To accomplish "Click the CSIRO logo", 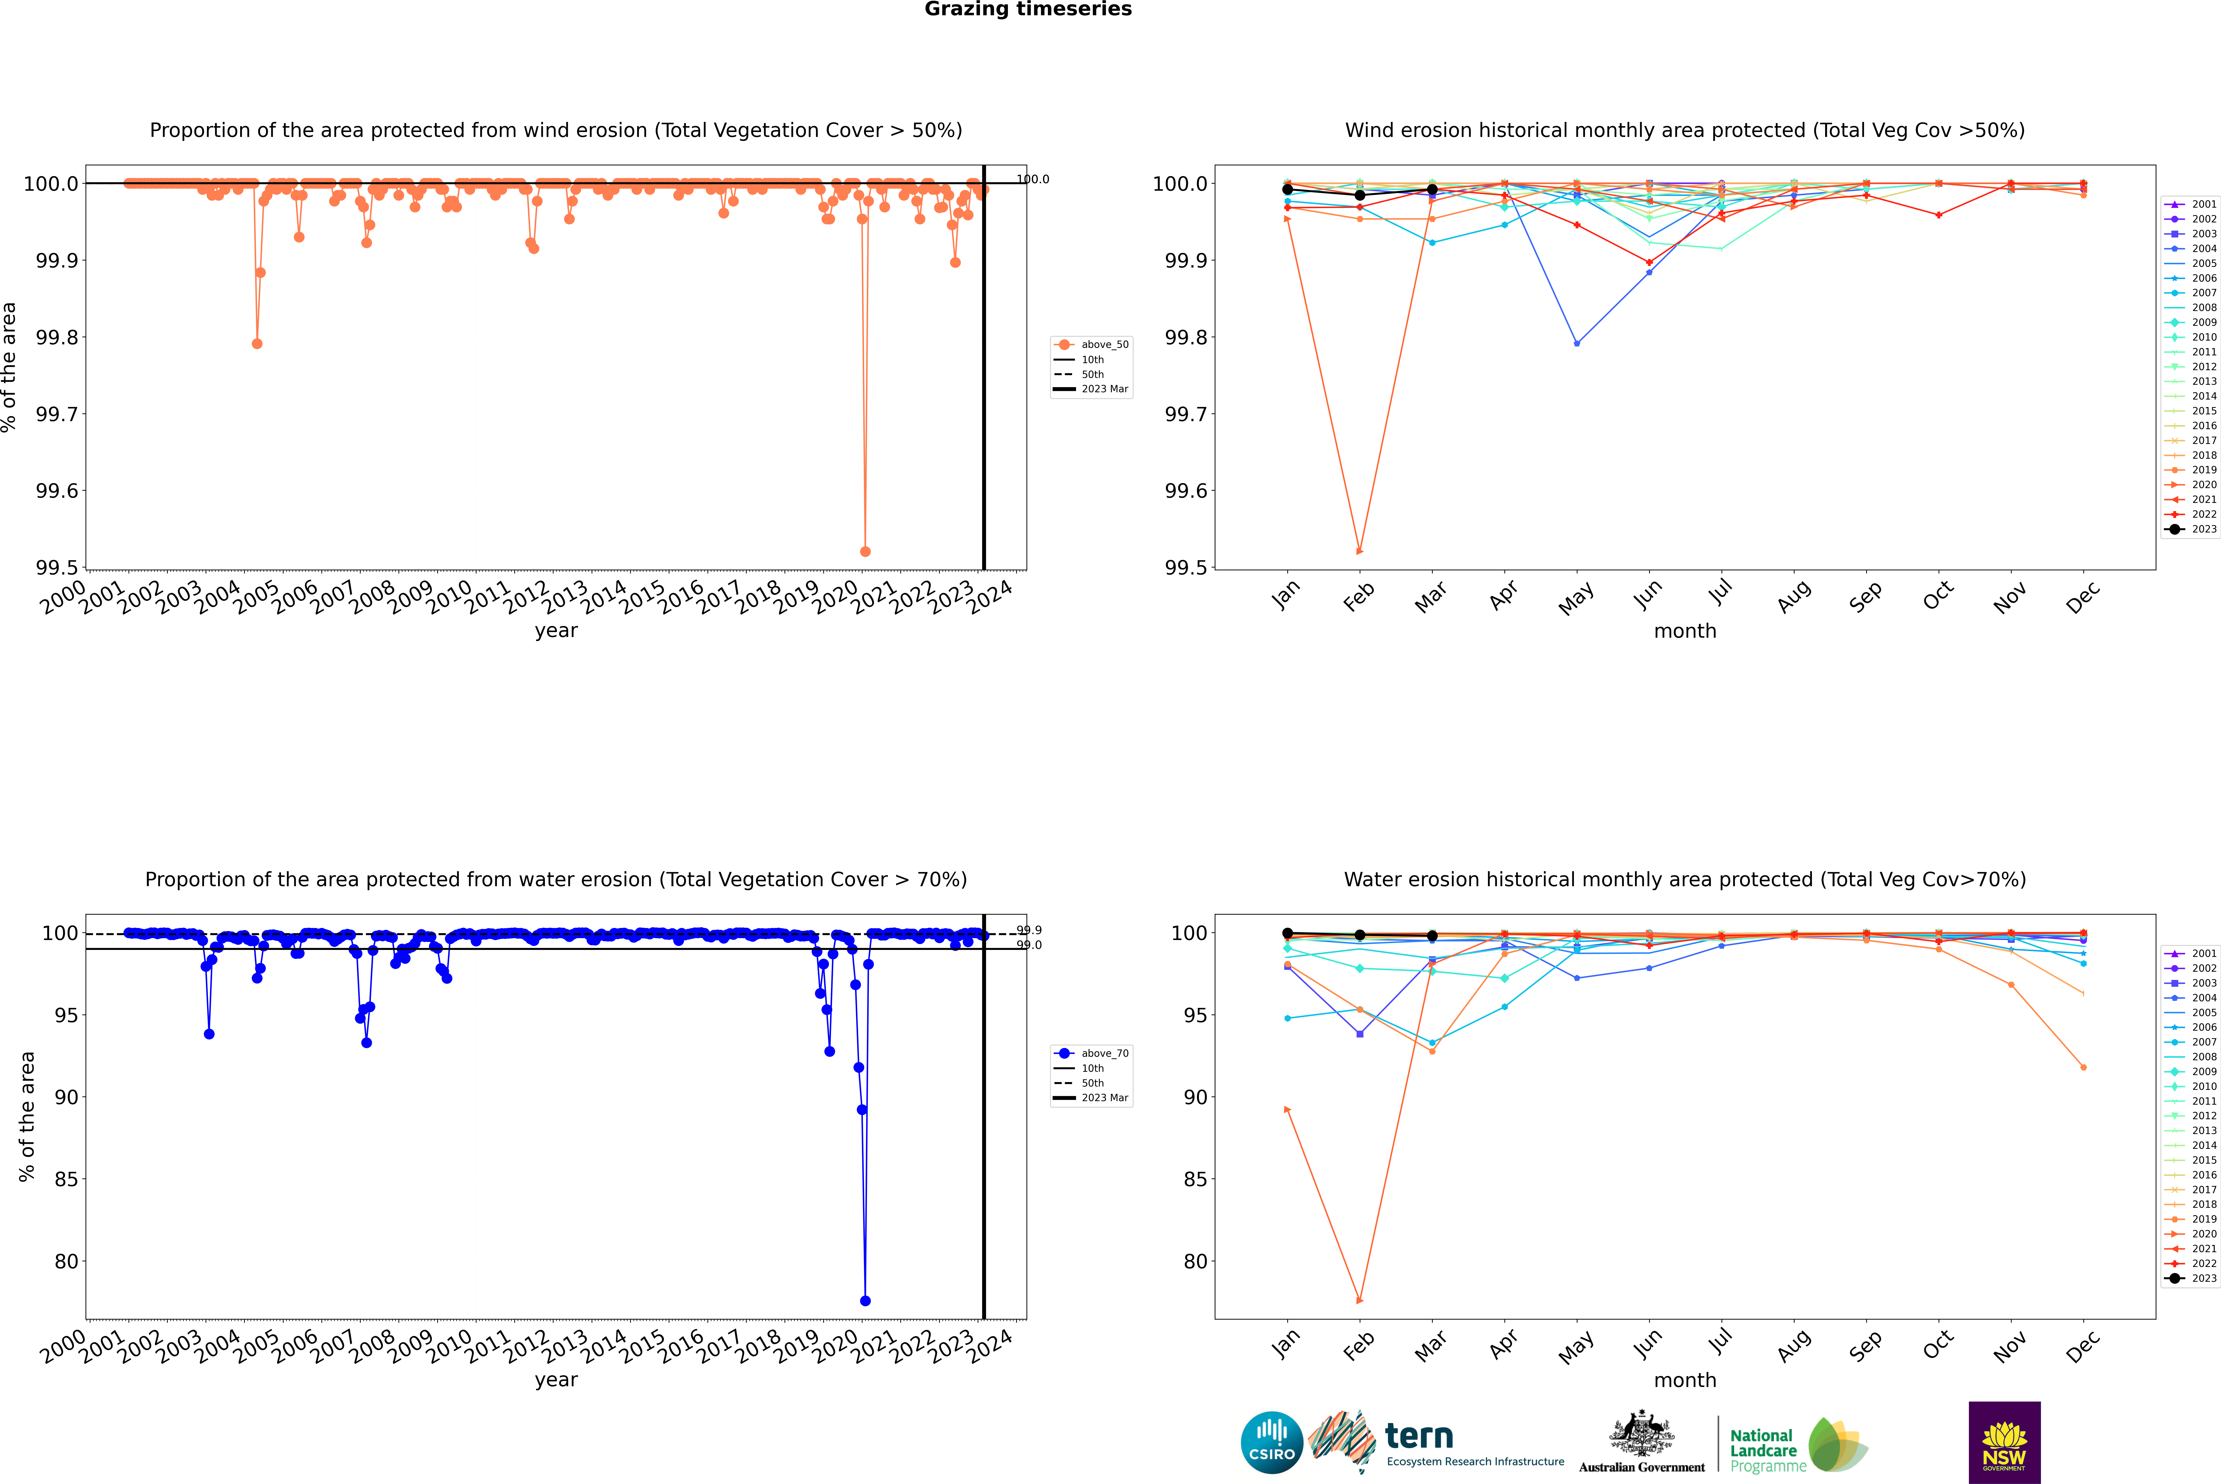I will (x=1272, y=1442).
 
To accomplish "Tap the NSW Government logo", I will (x=2004, y=1442).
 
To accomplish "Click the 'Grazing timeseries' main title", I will (x=1028, y=9).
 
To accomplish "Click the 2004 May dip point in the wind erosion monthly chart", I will (x=1576, y=344).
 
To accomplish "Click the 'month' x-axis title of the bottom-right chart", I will (x=1684, y=1380).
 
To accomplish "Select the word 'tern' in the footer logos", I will (x=1418, y=1436).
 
